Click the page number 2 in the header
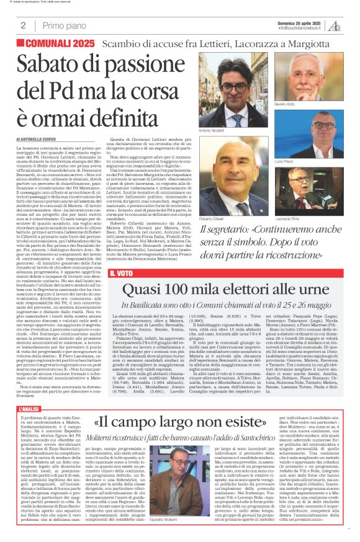23,25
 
